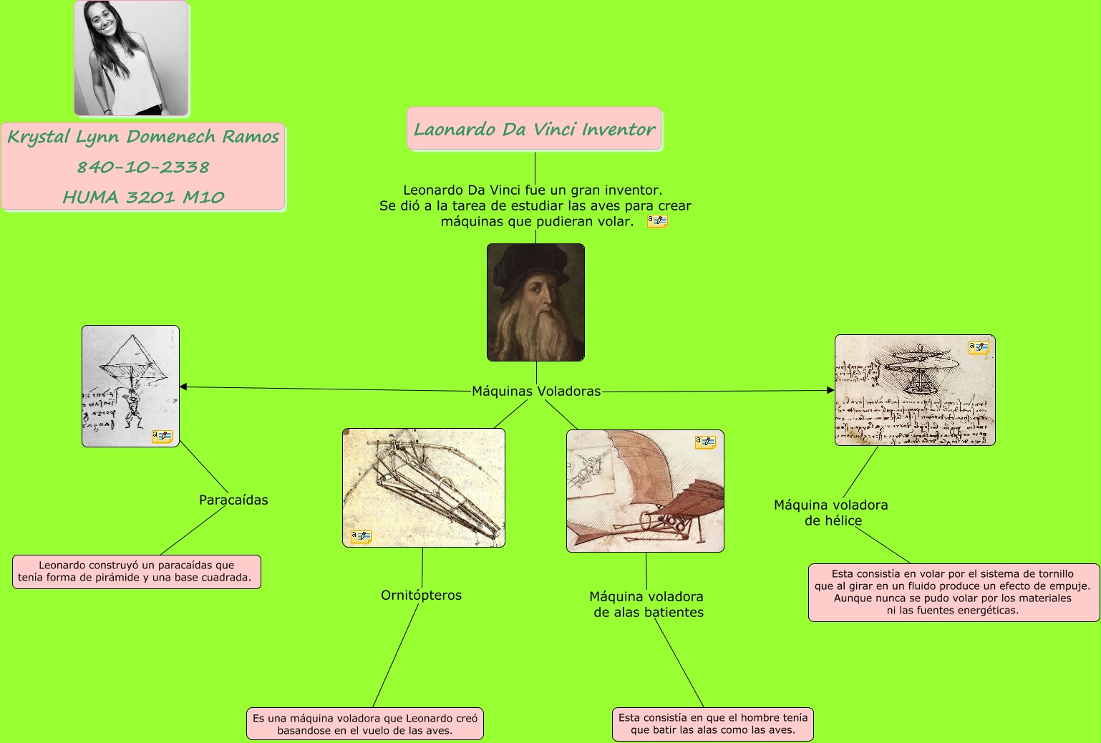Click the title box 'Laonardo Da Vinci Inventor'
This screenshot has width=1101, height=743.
(534, 130)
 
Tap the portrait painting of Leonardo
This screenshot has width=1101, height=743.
(535, 302)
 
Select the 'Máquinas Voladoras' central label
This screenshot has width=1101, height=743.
(536, 392)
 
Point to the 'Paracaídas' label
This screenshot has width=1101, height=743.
(233, 500)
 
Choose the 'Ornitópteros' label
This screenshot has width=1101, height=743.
(421, 596)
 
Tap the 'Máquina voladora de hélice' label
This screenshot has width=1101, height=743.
(831, 513)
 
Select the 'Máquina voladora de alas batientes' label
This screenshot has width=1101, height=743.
(647, 605)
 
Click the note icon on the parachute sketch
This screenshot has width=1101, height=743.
(162, 436)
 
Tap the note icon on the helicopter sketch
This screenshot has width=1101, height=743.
(979, 348)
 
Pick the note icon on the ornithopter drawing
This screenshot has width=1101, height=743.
(361, 536)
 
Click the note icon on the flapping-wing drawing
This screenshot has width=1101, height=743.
(705, 442)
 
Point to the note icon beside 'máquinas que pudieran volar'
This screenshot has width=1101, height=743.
(657, 221)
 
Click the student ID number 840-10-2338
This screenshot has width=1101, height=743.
(143, 167)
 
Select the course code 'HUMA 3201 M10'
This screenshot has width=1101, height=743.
(143, 198)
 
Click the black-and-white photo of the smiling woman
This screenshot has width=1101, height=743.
(132, 58)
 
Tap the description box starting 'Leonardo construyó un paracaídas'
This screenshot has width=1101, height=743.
(136, 572)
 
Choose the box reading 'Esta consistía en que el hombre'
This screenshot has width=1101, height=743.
(712, 724)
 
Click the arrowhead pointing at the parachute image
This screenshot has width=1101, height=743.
(183, 387)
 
